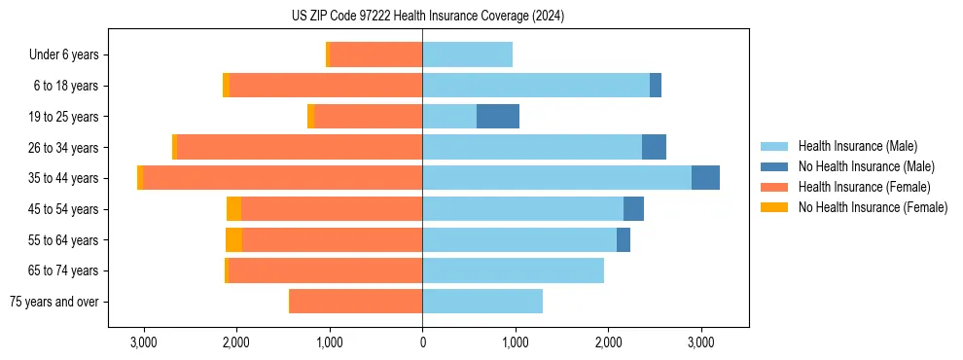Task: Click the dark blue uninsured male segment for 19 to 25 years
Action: (x=498, y=117)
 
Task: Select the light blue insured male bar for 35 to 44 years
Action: (x=556, y=178)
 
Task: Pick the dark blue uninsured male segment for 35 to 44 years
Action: (x=705, y=178)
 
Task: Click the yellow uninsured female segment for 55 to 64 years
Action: (x=233, y=240)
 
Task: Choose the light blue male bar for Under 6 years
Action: (x=467, y=55)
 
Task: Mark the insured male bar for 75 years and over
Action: (x=482, y=302)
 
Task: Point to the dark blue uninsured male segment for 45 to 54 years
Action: (x=633, y=209)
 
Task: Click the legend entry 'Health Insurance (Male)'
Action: (x=857, y=147)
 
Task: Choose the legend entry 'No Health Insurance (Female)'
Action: (x=873, y=207)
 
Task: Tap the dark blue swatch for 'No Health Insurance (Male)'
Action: (x=774, y=167)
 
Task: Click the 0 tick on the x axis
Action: (x=422, y=343)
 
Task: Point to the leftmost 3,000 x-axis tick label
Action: (x=143, y=343)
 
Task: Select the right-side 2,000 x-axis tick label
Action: (x=608, y=343)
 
